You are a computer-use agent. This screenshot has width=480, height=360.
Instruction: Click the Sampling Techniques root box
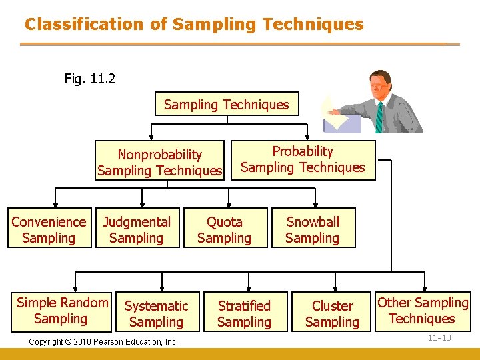click(x=226, y=104)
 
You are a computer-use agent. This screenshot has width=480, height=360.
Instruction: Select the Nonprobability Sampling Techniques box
click(x=159, y=162)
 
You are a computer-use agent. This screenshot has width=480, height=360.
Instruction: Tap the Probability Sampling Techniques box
click(x=303, y=159)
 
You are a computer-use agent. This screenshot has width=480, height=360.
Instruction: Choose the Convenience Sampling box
click(x=49, y=229)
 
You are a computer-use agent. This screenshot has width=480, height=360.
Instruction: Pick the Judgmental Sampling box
click(x=137, y=229)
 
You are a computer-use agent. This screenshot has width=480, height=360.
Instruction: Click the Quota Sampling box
click(x=225, y=229)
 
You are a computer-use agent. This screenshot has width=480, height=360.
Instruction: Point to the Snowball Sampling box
click(x=313, y=229)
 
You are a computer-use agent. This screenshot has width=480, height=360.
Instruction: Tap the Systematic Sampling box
click(x=157, y=313)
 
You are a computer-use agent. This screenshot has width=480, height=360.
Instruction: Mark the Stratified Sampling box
click(x=244, y=313)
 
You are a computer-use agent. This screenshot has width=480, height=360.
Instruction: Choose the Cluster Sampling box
click(x=332, y=313)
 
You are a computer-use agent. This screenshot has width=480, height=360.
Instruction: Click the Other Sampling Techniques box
click(x=423, y=311)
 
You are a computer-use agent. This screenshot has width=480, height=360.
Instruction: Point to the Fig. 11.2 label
click(x=90, y=79)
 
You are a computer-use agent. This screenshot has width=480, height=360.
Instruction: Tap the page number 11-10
click(x=439, y=338)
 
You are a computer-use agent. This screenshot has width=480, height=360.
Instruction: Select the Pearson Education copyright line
click(x=103, y=342)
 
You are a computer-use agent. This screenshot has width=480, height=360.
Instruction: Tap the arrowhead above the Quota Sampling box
click(x=229, y=205)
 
